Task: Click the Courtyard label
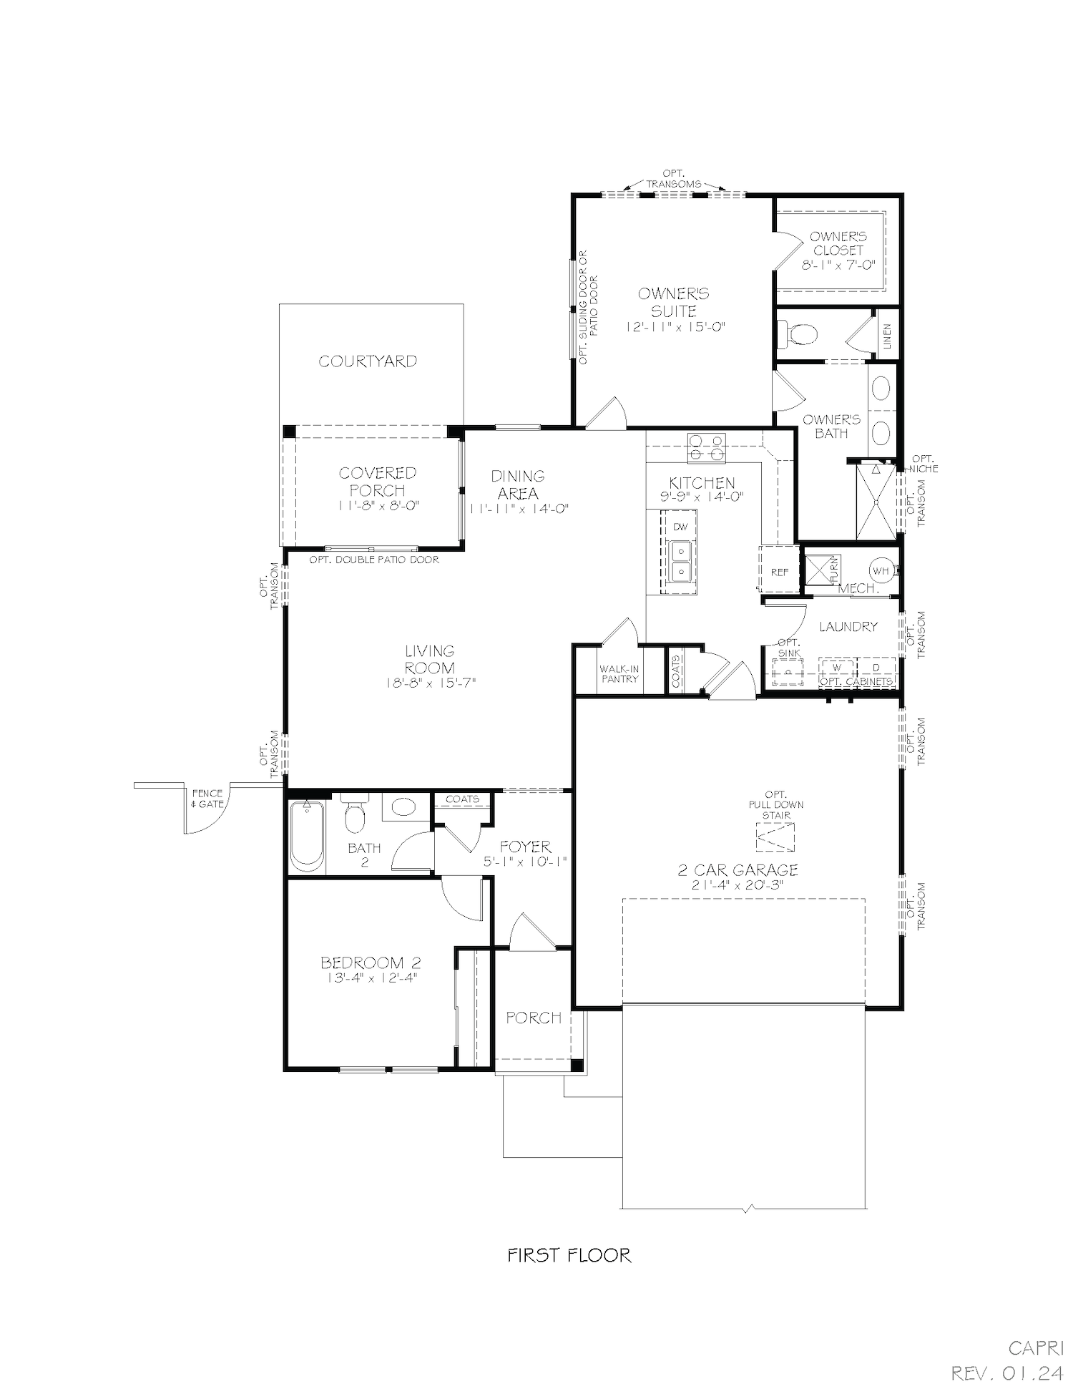pyautogui.click(x=368, y=361)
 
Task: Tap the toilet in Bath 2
pyautogui.click(x=354, y=815)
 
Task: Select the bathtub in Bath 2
pyautogui.click(x=307, y=835)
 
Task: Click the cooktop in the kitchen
pyautogui.click(x=706, y=448)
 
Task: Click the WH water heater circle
pyautogui.click(x=881, y=570)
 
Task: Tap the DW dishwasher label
pyautogui.click(x=680, y=527)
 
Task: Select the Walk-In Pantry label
pyautogui.click(x=619, y=673)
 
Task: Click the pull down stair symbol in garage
pyautogui.click(x=775, y=837)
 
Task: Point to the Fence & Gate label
pyautogui.click(x=207, y=798)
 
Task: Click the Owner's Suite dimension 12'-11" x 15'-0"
pyautogui.click(x=675, y=327)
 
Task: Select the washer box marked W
pyautogui.click(x=838, y=668)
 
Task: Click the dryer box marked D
pyautogui.click(x=876, y=668)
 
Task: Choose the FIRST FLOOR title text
pyautogui.click(x=569, y=1254)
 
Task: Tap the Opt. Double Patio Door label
pyautogui.click(x=374, y=560)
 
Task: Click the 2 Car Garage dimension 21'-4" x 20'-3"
pyautogui.click(x=738, y=884)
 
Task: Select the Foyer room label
pyautogui.click(x=525, y=847)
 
